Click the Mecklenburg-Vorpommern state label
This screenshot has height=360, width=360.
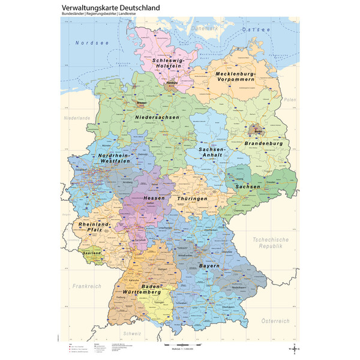pos(236,77)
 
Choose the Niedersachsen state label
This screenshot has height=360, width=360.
pos(157,117)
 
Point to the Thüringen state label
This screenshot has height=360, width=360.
pos(192,198)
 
